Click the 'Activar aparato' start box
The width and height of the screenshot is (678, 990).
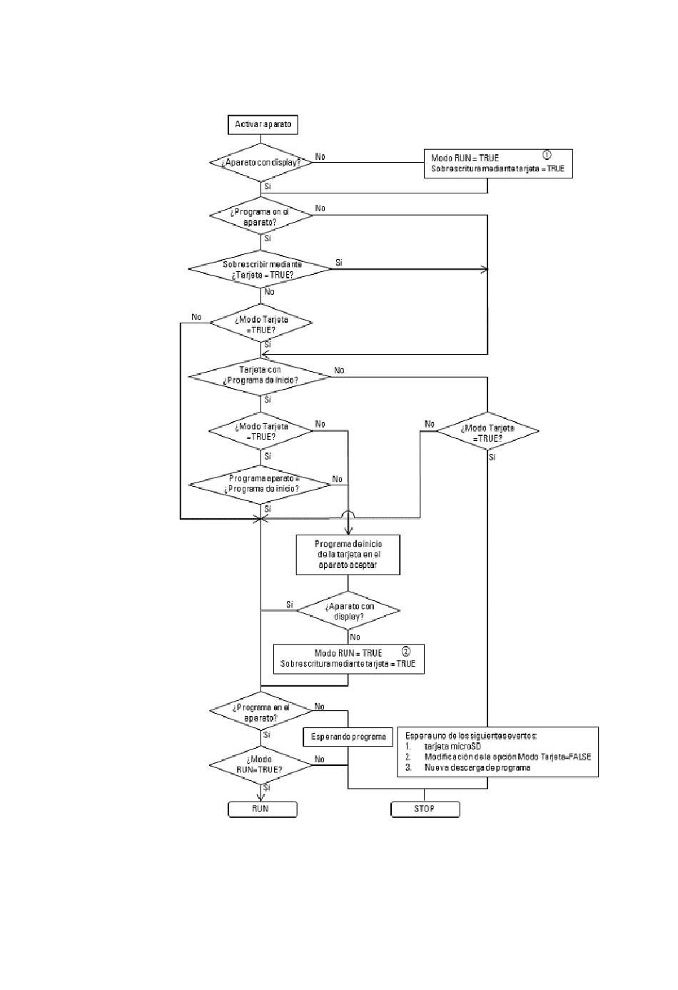(x=263, y=125)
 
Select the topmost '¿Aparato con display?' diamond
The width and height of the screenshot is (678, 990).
(x=260, y=162)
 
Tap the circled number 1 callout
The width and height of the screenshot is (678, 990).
(x=547, y=155)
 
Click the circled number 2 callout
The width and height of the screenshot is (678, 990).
(x=406, y=651)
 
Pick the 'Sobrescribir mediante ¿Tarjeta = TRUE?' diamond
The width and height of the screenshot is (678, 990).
(x=260, y=269)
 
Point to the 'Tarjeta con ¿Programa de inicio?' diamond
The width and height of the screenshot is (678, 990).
(x=260, y=377)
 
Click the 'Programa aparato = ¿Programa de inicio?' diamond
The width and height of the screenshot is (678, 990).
(x=260, y=485)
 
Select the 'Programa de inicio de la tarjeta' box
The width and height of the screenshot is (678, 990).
(x=348, y=555)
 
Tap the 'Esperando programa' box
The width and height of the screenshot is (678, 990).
(x=348, y=737)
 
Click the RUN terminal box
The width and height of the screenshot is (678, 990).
(x=263, y=809)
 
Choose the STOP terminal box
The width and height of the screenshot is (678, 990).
(x=425, y=809)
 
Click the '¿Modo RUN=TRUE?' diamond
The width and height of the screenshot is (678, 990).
(x=260, y=765)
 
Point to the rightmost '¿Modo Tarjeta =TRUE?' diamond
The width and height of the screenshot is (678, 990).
(x=487, y=431)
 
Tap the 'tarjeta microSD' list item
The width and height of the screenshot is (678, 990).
(x=452, y=747)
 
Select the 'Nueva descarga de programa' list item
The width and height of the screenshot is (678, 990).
(x=477, y=768)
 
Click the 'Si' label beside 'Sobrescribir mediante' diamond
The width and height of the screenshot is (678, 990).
(x=338, y=263)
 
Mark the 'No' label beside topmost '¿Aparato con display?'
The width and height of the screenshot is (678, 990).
(x=320, y=156)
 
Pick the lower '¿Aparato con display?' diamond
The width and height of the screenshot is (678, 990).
(x=348, y=611)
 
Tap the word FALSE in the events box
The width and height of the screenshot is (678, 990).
(x=580, y=757)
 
